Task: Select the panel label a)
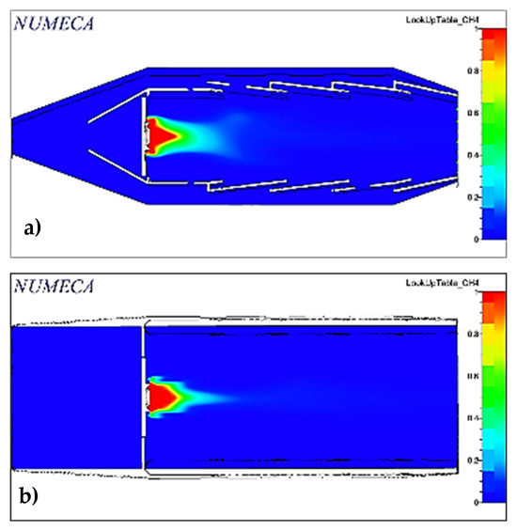[x=36, y=226]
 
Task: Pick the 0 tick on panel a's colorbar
[x=462, y=239]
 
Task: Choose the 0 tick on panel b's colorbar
[x=462, y=502]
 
